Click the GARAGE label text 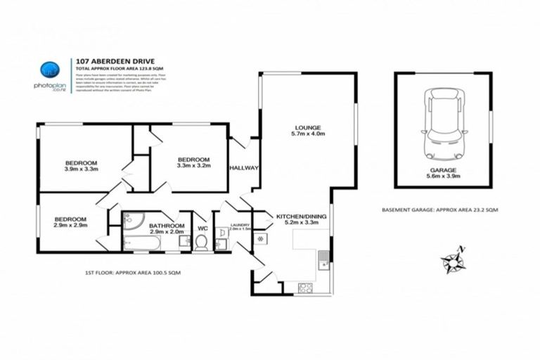click(444, 170)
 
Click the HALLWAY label click(244, 169)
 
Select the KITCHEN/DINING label click(299, 216)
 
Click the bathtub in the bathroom click(142, 243)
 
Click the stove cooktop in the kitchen click(307, 286)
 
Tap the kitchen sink click(323, 259)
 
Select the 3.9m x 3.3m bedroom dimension click(82, 169)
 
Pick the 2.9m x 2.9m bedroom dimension click(70, 226)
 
